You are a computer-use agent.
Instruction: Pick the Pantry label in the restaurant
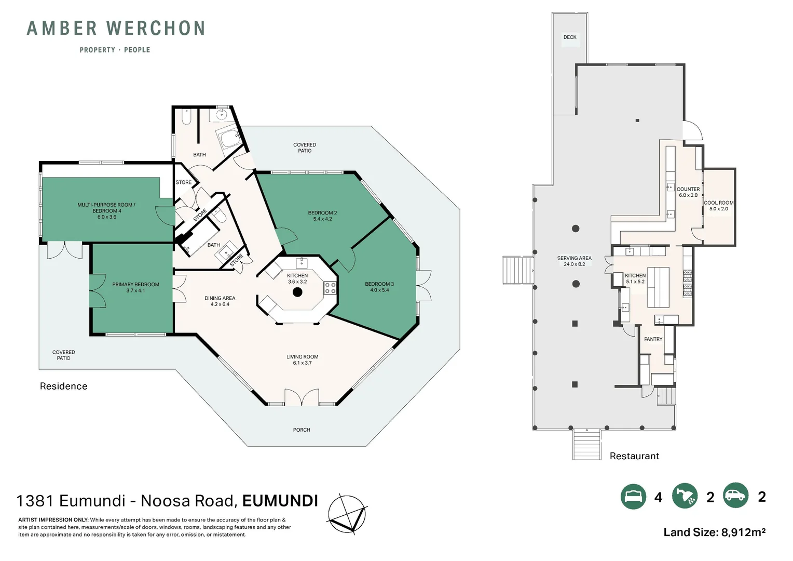tap(653, 339)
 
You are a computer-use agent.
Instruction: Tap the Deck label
tap(570, 37)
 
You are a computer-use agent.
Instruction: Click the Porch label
tap(302, 430)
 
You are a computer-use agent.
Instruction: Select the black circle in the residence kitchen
tap(297, 292)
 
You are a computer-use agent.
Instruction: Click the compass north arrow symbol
tap(347, 514)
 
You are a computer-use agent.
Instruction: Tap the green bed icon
tap(633, 496)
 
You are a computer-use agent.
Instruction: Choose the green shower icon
tap(685, 496)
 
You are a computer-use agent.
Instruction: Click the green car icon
tap(736, 496)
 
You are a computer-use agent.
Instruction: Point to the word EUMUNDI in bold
tap(280, 501)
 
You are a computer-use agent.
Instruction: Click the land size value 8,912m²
tap(743, 532)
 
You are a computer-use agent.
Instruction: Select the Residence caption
tap(63, 386)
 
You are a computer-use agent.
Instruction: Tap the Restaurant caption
tap(634, 456)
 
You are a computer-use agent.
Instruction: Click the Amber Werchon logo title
tap(116, 29)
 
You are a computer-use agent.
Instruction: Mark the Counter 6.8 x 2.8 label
tap(688, 192)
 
